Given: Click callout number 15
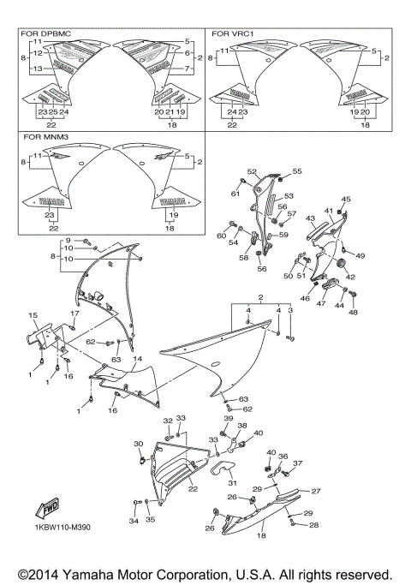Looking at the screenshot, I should pos(33,315).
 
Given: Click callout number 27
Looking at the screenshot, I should pos(315,491).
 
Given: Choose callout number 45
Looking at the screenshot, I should pos(347,199).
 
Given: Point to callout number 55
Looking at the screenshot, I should pos(298,171).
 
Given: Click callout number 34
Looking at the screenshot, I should pos(134,520).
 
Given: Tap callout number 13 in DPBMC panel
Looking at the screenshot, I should pos(38,68).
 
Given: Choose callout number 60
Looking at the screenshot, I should pos(221,235).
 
